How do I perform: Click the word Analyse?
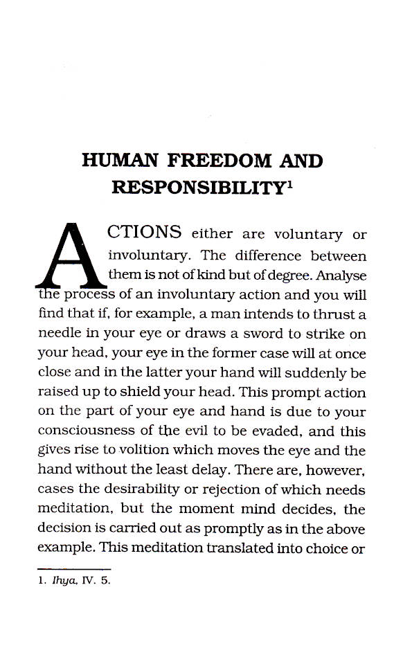click(x=339, y=276)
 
